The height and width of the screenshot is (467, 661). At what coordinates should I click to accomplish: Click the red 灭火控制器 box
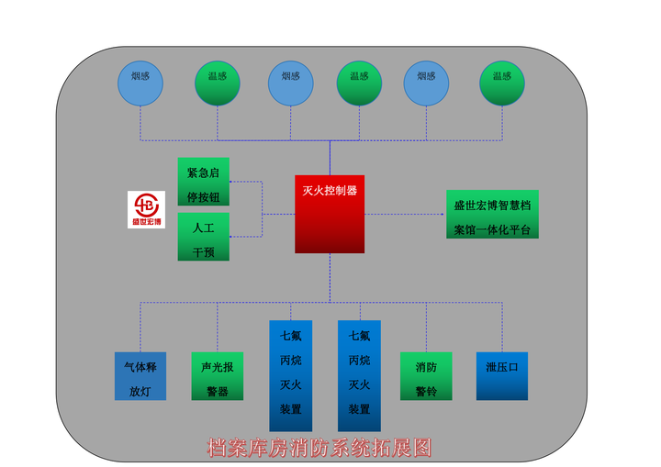(x=329, y=214)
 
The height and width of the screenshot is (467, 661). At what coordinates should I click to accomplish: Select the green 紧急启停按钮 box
(x=203, y=182)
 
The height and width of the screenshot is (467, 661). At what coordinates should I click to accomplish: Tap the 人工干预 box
(x=203, y=237)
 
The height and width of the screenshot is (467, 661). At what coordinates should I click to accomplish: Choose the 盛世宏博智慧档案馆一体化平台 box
(x=492, y=216)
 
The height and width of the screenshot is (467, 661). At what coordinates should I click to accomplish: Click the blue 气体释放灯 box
(x=140, y=376)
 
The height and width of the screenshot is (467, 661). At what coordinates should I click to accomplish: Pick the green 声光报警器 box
(x=218, y=376)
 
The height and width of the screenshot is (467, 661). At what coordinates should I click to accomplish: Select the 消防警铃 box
(x=426, y=376)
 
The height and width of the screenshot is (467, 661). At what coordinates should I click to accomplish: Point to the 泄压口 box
(x=502, y=375)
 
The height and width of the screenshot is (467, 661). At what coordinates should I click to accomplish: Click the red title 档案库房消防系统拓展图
(x=319, y=448)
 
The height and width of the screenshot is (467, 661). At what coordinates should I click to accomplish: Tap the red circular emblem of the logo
(x=146, y=204)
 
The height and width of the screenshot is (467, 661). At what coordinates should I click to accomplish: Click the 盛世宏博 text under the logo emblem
(x=146, y=221)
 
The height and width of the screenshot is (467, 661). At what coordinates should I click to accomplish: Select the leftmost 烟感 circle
(x=140, y=82)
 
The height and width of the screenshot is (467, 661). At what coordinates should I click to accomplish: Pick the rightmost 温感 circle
(x=502, y=82)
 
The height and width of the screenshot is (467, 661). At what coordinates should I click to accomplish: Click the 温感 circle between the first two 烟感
(x=218, y=82)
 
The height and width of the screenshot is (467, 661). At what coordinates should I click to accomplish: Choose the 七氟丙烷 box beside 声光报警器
(x=290, y=374)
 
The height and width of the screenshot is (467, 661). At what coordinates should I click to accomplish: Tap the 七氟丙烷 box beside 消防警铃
(x=359, y=374)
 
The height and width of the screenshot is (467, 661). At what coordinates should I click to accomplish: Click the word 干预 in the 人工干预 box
(x=203, y=250)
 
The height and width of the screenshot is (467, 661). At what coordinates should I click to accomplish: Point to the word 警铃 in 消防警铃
(x=426, y=389)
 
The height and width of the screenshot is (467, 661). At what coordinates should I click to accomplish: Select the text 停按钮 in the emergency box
(x=203, y=195)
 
